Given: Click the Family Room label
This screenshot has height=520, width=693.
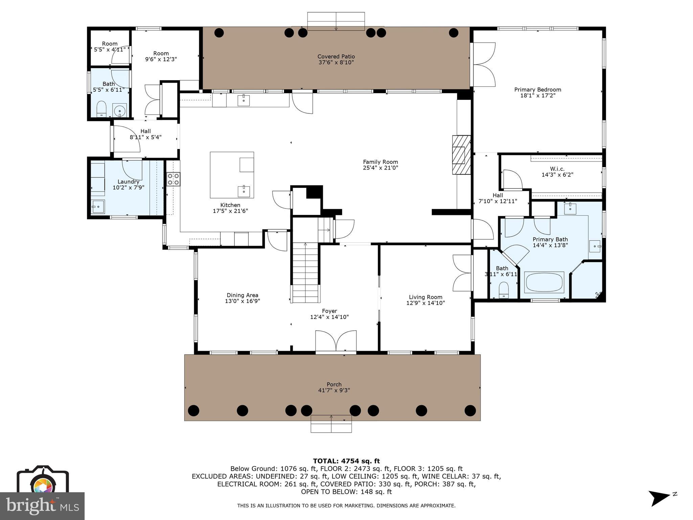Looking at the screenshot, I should (380, 162).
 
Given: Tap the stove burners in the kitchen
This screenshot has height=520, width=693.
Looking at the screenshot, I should (173, 179).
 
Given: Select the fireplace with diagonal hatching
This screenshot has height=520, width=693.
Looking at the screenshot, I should (462, 155).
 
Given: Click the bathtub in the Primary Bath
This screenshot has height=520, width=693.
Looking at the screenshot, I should (544, 282).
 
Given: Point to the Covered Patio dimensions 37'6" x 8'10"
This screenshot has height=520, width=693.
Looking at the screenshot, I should (336, 63).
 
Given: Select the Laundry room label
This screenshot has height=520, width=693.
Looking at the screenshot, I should (128, 182).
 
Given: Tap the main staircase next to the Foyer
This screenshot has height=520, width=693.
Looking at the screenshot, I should (306, 273).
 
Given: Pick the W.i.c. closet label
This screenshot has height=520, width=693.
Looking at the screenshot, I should (557, 169).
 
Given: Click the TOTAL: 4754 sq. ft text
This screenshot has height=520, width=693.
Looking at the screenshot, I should (346, 461).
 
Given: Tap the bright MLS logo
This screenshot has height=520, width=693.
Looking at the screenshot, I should (42, 506).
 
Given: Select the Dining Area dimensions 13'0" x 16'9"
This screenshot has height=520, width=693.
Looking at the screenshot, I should (242, 301).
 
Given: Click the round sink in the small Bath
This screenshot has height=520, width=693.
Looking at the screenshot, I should (119, 111).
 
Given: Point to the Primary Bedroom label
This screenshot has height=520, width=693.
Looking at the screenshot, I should (538, 90).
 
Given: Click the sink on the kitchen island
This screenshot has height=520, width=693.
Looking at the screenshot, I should (244, 191).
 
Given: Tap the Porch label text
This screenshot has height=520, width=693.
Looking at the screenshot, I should (334, 385).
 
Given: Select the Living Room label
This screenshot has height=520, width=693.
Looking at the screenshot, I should (425, 297).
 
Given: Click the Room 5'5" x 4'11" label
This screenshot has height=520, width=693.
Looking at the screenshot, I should (110, 44).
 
